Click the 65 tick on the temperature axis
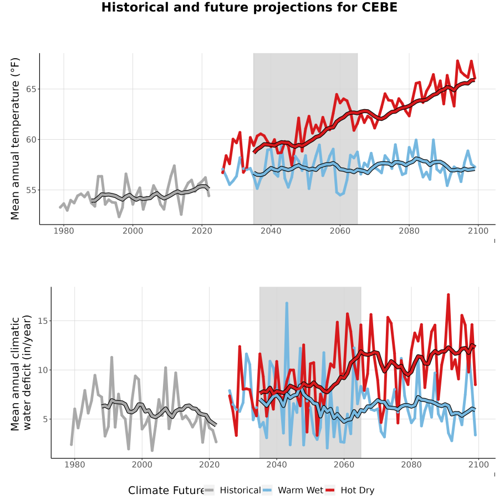tap(31, 89)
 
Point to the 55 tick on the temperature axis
tap(31, 190)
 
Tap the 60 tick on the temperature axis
tap(31, 140)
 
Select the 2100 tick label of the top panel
tap(478, 231)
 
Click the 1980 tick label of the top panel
tap(64, 231)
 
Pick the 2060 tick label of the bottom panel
tap(344, 465)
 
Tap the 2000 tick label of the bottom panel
tap(142, 465)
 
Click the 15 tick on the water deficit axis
tap(43, 321)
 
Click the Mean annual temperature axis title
tap(15, 139)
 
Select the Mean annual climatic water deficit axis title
tap(21, 373)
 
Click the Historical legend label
tap(240, 491)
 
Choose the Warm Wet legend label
tap(301, 491)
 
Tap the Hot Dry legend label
tap(358, 491)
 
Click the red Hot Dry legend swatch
tap(330, 491)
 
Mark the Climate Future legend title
tap(166, 491)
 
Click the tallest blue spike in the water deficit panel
tap(287, 303)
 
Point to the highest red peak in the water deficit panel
tap(448, 295)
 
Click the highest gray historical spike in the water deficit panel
tap(111, 358)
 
